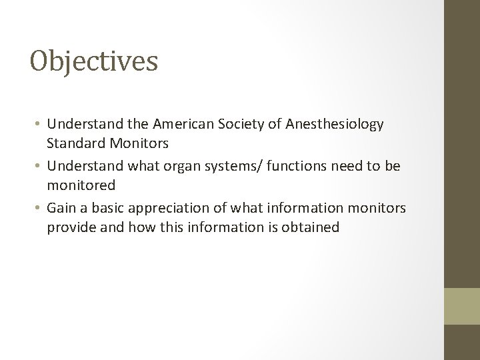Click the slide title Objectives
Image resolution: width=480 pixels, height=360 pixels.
pos(94,61)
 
